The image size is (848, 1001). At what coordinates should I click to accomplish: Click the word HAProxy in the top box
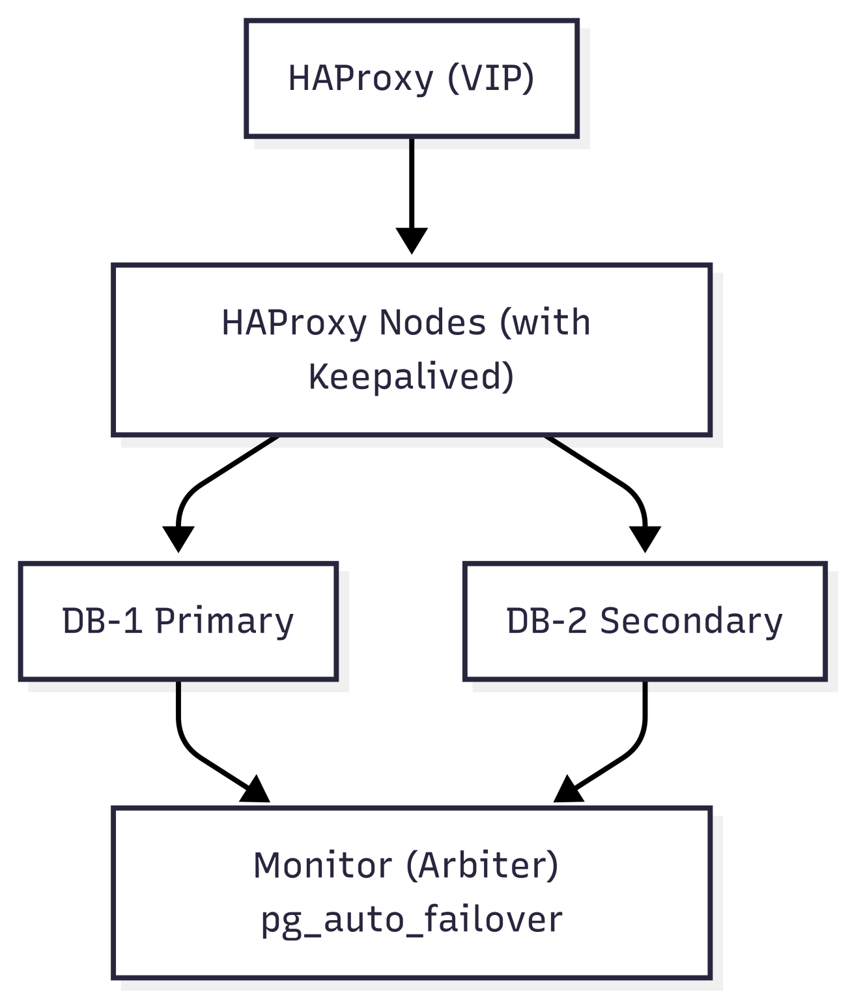click(360, 78)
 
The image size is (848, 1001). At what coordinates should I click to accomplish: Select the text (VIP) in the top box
click(491, 78)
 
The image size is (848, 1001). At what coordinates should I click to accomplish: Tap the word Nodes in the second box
click(432, 323)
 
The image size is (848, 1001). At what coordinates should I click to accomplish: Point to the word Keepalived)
click(411, 377)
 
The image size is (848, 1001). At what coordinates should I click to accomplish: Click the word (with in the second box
click(545, 323)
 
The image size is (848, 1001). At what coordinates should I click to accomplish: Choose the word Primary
click(224, 621)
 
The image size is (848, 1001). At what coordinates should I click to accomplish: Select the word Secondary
click(691, 621)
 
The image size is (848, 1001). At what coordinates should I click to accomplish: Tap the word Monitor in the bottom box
click(322, 865)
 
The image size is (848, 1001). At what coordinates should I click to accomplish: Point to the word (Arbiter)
click(482, 865)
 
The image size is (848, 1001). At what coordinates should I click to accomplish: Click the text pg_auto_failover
click(411, 920)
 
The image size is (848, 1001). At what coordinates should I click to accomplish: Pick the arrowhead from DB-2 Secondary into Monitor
click(567, 791)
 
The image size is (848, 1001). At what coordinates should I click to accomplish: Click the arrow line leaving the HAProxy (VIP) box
click(412, 182)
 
